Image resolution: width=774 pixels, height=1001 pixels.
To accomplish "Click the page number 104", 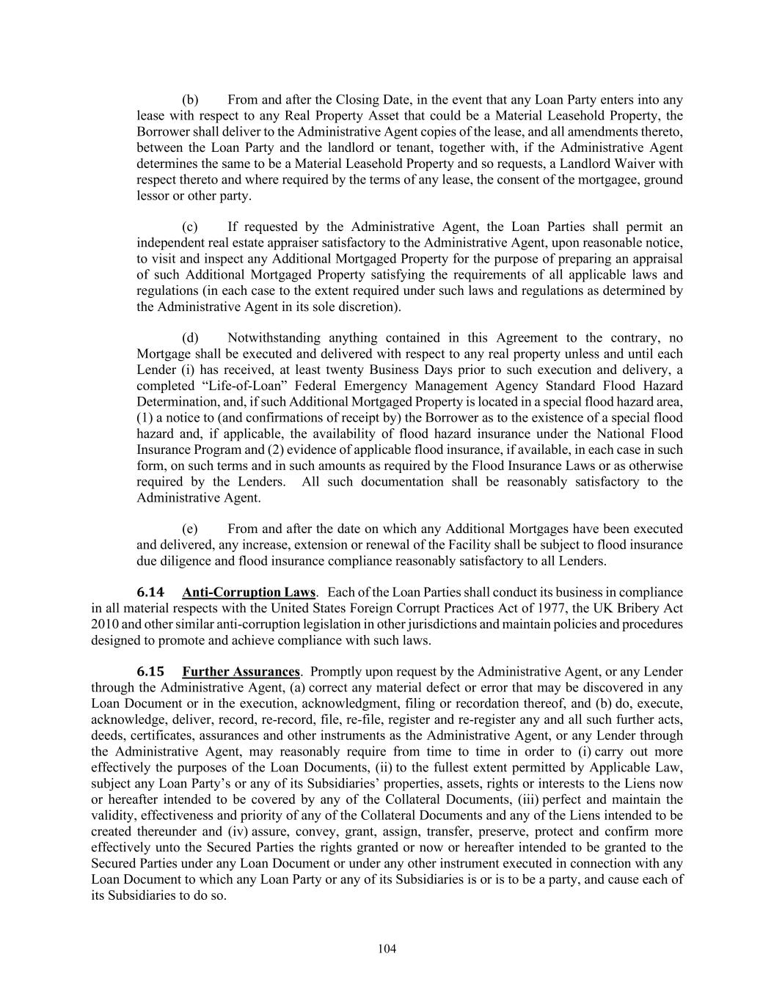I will click(x=387, y=949).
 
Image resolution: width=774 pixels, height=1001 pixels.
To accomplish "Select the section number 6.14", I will click(x=150, y=592).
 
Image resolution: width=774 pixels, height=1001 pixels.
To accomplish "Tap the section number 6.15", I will click(x=150, y=672).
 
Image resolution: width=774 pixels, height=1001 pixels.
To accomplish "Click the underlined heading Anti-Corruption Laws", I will click(x=249, y=592).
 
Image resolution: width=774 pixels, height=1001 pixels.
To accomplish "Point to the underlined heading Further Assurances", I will click(x=241, y=672).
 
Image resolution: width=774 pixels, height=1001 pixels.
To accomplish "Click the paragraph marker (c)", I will click(x=190, y=227).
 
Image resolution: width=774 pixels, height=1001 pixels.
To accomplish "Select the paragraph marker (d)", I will click(x=190, y=338).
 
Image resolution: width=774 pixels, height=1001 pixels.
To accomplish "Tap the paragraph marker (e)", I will click(x=190, y=529).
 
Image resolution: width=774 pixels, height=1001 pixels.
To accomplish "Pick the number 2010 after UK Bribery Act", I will click(x=105, y=624).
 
